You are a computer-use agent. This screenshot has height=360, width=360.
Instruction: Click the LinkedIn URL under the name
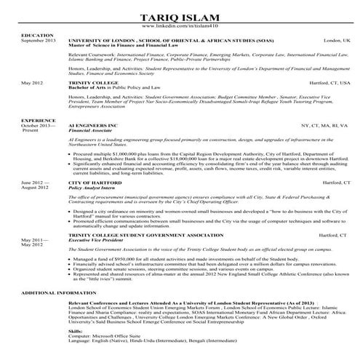[180, 27]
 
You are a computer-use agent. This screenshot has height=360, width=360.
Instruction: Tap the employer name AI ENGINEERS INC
[93, 125]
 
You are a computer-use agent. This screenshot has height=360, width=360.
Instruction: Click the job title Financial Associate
[89, 130]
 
